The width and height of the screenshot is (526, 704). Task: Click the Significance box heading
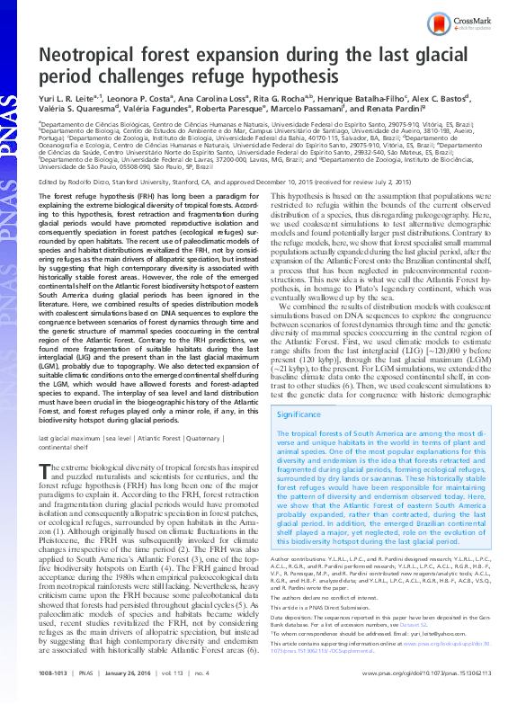(300, 414)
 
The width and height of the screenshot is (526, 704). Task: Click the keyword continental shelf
(63, 445)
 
